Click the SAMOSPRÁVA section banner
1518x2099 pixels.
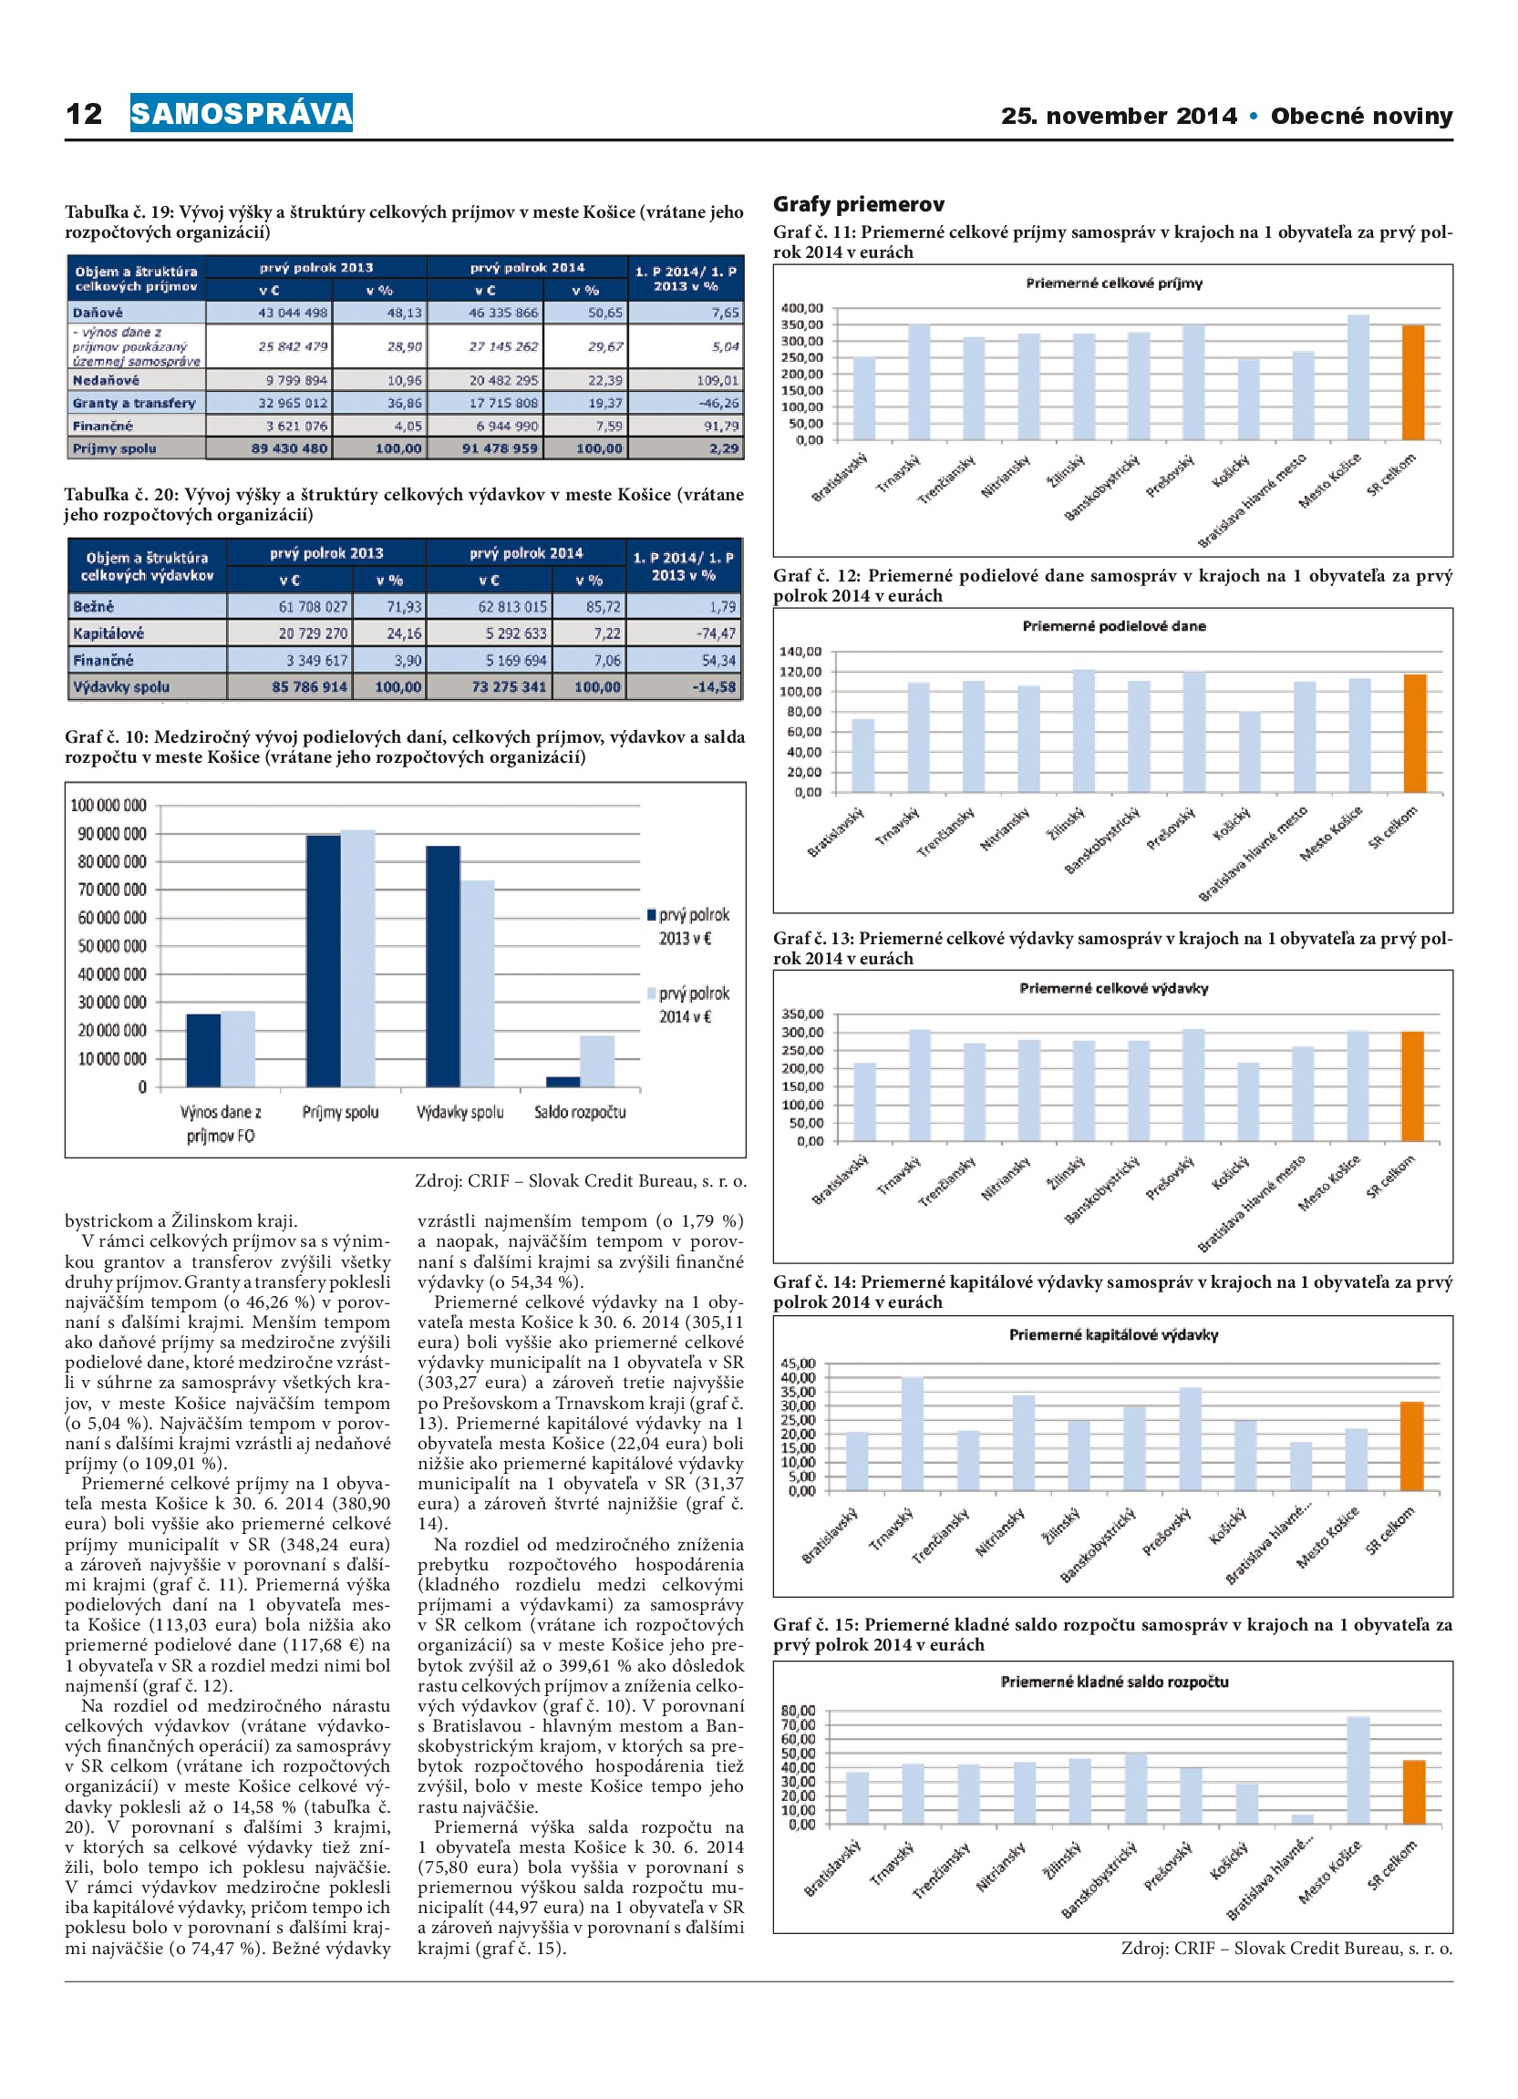241,113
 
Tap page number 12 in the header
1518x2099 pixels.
84,114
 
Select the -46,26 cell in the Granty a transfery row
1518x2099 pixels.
718,404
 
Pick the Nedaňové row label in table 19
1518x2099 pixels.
106,380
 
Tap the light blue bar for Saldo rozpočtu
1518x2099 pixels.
597,1061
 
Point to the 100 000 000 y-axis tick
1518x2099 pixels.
108,805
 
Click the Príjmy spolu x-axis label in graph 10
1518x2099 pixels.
340,1113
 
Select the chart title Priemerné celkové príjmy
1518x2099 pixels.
1113,283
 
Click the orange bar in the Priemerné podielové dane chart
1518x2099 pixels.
1414,733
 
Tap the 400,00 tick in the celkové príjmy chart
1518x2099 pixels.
801,308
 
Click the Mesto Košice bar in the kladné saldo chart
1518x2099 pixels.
1358,1771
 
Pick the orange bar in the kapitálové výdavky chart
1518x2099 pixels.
1411,1446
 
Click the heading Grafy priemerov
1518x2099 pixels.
859,204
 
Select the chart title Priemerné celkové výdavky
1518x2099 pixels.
1113,988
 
